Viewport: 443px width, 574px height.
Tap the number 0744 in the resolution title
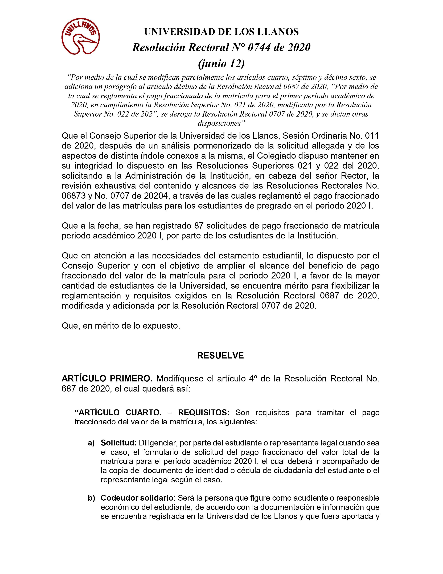click(259, 47)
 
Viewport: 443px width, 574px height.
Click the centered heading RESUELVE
click(220, 355)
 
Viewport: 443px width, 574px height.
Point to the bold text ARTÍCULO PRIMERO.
click(107, 378)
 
